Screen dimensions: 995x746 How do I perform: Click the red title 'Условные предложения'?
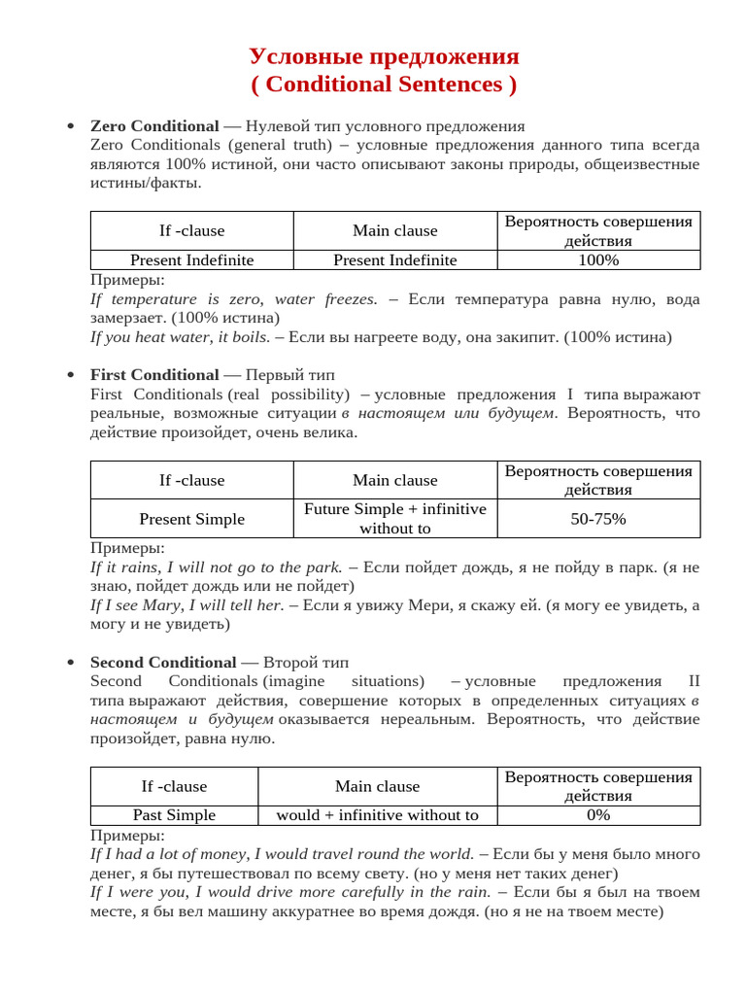[384, 55]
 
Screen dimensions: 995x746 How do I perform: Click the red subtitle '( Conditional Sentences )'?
[384, 85]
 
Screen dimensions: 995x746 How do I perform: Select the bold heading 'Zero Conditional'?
[154, 126]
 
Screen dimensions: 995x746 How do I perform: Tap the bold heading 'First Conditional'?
[154, 375]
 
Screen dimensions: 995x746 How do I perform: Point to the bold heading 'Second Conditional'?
[163, 663]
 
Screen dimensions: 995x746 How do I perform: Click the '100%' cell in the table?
[598, 260]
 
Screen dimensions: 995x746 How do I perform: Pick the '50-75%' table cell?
[598, 519]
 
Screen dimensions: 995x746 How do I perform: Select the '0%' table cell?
[598, 815]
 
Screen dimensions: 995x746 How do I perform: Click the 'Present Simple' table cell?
[191, 519]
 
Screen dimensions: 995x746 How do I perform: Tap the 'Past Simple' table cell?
[174, 815]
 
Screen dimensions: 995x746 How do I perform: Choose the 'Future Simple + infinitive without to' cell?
[395, 519]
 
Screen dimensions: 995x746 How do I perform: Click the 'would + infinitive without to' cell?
[378, 815]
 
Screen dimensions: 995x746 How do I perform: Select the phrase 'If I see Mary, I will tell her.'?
[186, 605]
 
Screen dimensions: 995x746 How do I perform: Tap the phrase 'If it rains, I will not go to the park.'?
[216, 566]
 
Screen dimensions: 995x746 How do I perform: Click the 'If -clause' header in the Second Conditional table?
[174, 786]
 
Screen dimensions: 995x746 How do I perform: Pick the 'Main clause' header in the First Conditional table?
[395, 480]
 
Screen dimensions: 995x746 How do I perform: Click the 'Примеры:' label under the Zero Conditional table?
[127, 281]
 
